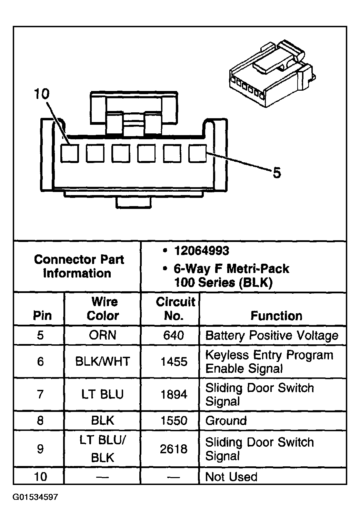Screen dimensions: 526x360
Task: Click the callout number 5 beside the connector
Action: [277, 173]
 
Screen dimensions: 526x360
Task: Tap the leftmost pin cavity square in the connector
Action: [70, 153]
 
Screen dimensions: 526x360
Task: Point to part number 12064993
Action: [201, 251]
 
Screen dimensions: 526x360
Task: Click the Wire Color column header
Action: [103, 308]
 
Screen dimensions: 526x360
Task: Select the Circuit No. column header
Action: [175, 308]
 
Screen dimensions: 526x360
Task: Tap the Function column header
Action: [276, 316]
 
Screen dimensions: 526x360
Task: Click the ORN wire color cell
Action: [103, 335]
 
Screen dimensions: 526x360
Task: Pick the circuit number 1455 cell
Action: [174, 362]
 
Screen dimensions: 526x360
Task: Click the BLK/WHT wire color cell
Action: [103, 362]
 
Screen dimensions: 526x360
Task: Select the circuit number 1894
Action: [174, 394]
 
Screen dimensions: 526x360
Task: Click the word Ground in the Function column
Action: [226, 421]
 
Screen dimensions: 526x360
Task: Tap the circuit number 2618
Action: [174, 449]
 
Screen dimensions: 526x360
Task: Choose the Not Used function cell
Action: [231, 477]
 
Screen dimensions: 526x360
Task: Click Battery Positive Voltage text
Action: [272, 335]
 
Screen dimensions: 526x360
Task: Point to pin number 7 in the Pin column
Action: [40, 394]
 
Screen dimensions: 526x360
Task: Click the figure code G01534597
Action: [36, 497]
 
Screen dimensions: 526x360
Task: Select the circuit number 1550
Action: [174, 421]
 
